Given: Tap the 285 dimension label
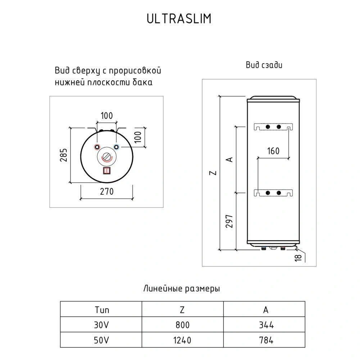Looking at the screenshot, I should tap(64, 155).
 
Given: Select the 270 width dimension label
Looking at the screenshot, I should tap(106, 192).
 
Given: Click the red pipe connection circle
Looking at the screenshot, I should tap(97, 147).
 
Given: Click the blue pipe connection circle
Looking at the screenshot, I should tap(116, 147).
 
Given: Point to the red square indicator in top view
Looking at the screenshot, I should tap(107, 171).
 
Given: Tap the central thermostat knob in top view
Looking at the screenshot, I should tap(107, 157).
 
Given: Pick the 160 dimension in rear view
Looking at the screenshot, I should tap(273, 151).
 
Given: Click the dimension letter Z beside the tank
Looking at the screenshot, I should tap(214, 173).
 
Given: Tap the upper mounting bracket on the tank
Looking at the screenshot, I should tap(273, 127).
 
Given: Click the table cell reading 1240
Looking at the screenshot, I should tap(182, 339).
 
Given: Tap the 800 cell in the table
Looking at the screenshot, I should tap(182, 325).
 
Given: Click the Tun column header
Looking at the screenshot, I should tap(102, 310).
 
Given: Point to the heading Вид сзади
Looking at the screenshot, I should tap(264, 65).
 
